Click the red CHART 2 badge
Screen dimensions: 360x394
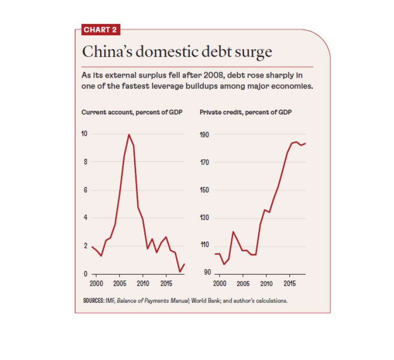[x=100, y=30]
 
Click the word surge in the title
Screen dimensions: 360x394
[x=250, y=52]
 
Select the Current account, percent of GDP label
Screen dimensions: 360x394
[x=132, y=112]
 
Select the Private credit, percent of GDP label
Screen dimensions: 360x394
[x=245, y=112]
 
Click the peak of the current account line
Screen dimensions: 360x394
[x=129, y=135]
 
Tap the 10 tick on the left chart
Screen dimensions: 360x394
[x=84, y=134]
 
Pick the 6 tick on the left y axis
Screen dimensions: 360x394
[x=85, y=190]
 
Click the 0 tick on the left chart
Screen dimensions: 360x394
[x=85, y=274]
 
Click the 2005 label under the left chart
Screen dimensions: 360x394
[x=120, y=283]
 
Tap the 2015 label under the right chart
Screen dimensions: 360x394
[x=290, y=283]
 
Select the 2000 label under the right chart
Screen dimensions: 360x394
[x=220, y=283]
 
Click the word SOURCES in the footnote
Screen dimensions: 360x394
[x=94, y=301]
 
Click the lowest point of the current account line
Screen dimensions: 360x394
[x=180, y=271]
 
